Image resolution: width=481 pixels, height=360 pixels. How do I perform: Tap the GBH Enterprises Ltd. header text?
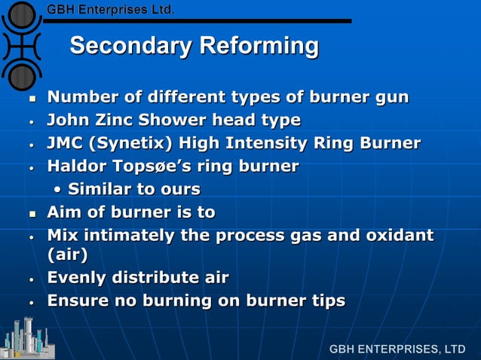[111, 10]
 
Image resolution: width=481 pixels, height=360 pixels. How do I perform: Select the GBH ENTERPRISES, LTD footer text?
[397, 349]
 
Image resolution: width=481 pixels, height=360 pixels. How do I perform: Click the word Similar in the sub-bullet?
[101, 188]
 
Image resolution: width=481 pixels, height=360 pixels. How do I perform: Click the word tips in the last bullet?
[325, 301]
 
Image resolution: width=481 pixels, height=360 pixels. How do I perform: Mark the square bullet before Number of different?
[32, 99]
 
